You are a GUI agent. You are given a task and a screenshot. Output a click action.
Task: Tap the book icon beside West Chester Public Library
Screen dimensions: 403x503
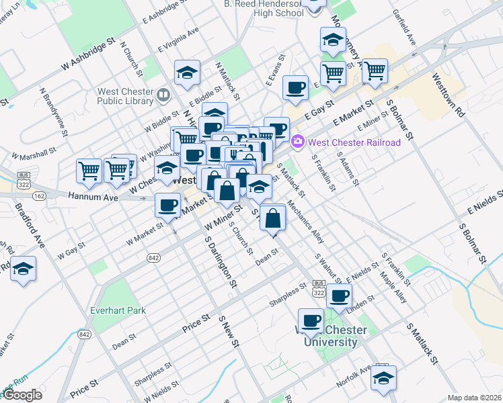point(163,95)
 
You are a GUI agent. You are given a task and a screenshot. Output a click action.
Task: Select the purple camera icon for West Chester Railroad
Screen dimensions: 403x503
point(297,142)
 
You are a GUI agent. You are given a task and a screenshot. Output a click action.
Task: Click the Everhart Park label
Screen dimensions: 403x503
point(118,310)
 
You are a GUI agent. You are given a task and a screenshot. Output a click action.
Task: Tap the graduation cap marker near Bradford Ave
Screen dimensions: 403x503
point(24,270)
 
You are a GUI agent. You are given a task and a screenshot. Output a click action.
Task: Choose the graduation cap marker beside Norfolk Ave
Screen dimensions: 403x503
point(383,378)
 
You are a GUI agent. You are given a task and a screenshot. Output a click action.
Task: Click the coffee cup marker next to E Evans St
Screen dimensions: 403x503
point(295,87)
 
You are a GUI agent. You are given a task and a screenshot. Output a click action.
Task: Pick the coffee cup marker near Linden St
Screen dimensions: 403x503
point(340,296)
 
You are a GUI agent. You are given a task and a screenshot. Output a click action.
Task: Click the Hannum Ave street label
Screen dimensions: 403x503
point(93,197)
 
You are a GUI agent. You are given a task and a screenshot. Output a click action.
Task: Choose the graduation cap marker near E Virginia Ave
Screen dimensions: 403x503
point(188,74)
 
